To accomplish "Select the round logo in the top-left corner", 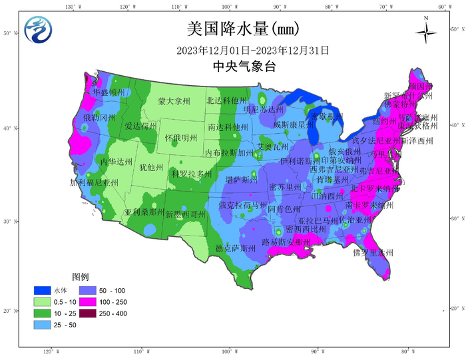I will coord(37,29).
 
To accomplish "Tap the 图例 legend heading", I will coord(81,276).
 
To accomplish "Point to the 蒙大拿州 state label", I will coord(174,101).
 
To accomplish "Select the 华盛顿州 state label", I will coord(109,92).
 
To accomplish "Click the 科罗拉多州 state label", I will coord(192,174).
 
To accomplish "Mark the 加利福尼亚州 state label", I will coord(94,182).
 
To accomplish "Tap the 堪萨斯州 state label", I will coord(241,180).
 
